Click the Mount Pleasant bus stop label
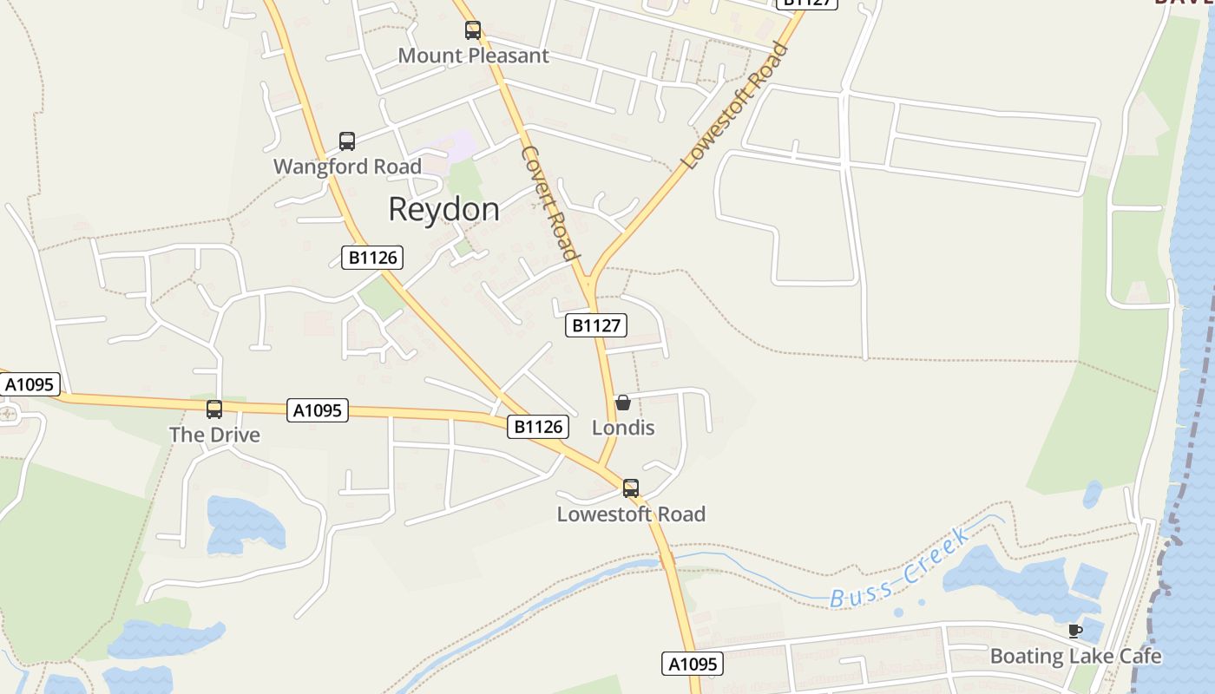coord(473,56)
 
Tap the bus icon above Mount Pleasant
coord(473,30)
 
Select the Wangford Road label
coord(347,167)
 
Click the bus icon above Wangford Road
coord(347,141)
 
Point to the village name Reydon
coord(443,209)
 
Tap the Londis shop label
coord(623,428)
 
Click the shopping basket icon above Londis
coord(623,403)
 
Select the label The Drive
coord(214,435)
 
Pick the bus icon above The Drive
coord(214,409)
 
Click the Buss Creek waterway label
coord(901,568)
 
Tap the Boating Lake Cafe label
coord(1075,656)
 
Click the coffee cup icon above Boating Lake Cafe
coord(1075,631)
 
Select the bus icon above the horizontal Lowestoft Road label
coord(631,488)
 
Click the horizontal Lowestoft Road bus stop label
coord(631,514)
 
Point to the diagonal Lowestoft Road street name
coord(734,106)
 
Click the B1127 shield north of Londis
coord(596,325)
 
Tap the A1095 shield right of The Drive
coord(318,410)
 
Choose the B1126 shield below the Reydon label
coord(372,258)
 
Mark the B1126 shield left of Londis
coord(538,427)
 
